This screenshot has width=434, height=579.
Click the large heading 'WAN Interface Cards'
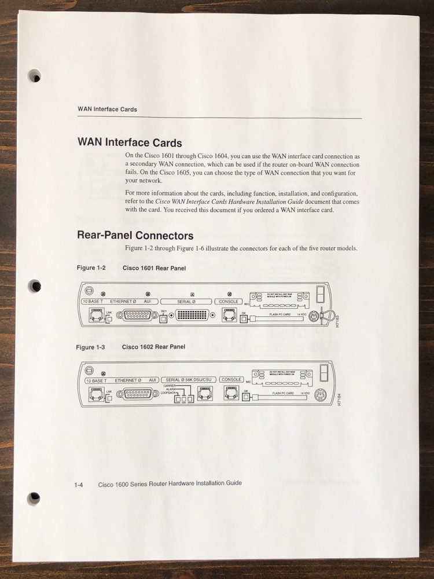tap(130, 142)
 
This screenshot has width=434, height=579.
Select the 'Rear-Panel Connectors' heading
tap(135, 236)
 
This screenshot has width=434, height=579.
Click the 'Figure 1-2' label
tap(91, 268)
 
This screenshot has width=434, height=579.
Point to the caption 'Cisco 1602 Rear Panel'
tap(153, 347)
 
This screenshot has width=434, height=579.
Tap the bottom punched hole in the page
tap(35, 497)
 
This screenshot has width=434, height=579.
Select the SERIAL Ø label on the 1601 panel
tap(186, 301)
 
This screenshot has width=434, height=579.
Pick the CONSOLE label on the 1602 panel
tap(231, 380)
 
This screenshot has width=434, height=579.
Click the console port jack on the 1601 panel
tap(228, 316)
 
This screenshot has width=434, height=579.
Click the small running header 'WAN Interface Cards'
tap(107, 109)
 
